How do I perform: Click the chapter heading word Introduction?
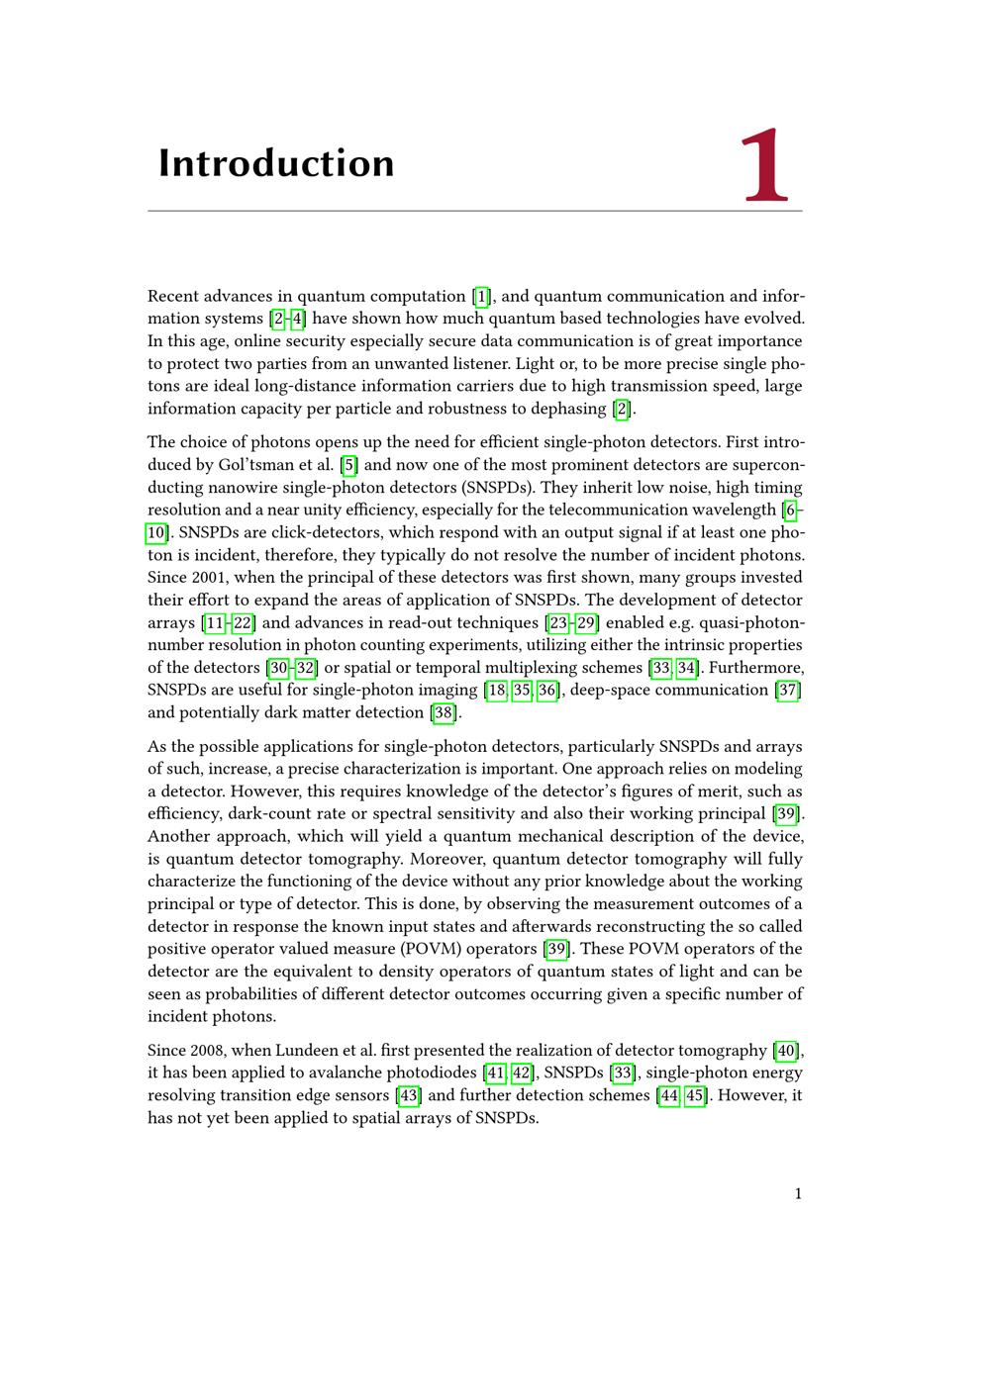tap(276, 163)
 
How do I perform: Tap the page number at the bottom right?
tap(798, 1193)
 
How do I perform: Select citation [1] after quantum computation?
tap(481, 296)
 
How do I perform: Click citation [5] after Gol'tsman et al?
tap(348, 465)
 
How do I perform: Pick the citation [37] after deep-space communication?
tap(788, 690)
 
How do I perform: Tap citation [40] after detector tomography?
tap(786, 1050)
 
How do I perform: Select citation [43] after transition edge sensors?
tap(408, 1095)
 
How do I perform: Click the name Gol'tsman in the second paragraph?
tap(254, 465)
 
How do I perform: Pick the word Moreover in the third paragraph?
tap(447, 859)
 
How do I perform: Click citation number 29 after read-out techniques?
tap(587, 622)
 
